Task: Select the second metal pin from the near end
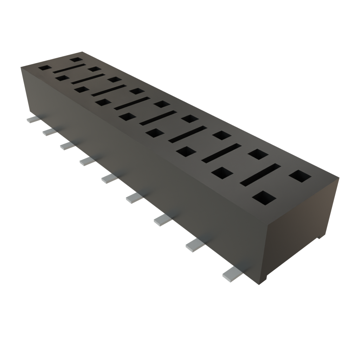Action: click(194, 245)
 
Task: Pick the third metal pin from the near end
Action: click(162, 220)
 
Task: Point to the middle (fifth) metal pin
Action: click(108, 179)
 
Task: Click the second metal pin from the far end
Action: click(49, 132)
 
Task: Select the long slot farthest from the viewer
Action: click(69, 69)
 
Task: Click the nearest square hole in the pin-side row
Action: click(264, 198)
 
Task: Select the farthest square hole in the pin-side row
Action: click(44, 67)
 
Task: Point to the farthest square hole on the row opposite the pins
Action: click(75, 60)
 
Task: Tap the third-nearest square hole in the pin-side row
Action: click(186, 152)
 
